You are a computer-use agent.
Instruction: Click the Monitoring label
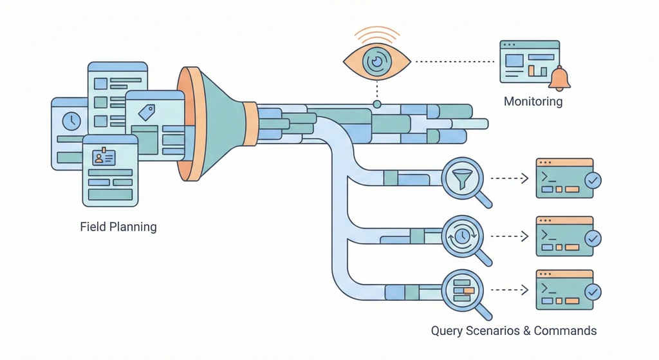coord(533,101)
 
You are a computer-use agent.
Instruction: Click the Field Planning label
coord(118,227)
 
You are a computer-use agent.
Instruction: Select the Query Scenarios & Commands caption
coord(514,331)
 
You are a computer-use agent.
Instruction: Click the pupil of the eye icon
coord(374,61)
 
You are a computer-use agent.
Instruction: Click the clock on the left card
coord(71,120)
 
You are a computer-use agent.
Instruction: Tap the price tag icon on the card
coord(147,113)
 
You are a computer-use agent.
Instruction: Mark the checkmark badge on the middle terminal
coord(593,238)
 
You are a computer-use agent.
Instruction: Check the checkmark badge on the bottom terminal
coord(593,292)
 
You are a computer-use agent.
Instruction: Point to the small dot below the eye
coord(377,104)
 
